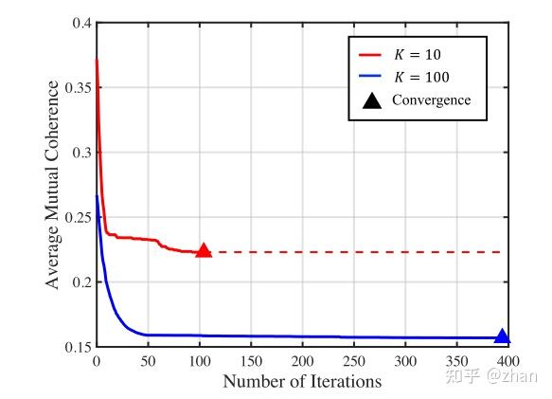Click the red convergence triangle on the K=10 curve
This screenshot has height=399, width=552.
point(202,251)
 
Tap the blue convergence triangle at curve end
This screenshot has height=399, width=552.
point(502,336)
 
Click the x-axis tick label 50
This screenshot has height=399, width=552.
point(147,363)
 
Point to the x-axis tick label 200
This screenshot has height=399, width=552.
point(302,363)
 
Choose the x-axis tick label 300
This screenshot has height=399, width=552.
point(405,363)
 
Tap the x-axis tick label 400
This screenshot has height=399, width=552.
point(508,363)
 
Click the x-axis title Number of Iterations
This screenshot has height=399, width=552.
point(302,382)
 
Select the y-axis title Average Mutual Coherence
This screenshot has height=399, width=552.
point(54,185)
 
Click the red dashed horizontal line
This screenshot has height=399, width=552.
point(360,252)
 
